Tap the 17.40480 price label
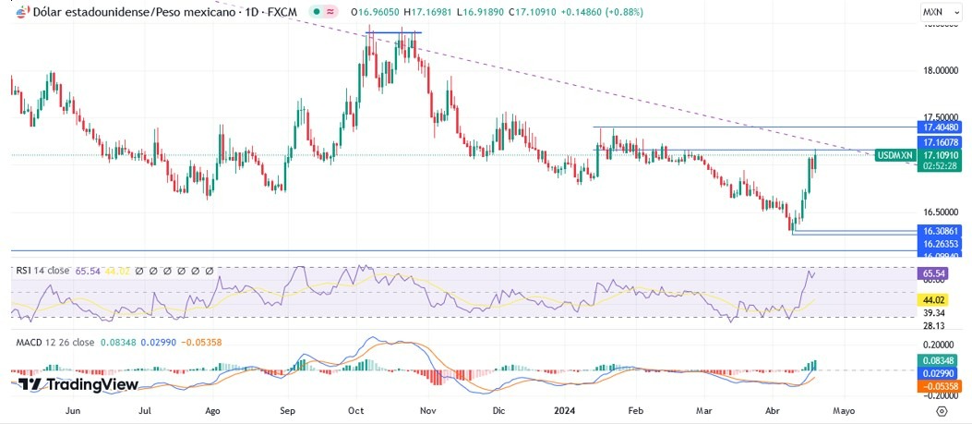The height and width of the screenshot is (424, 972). point(941,127)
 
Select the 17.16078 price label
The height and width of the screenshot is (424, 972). point(941,142)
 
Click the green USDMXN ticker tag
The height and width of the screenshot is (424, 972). point(894,155)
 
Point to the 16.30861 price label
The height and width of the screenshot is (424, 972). point(941,230)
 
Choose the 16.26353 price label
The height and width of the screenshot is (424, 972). point(941,243)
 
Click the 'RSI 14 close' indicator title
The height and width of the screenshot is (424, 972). point(42,271)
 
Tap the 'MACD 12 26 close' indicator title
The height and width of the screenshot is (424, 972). point(54,342)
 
